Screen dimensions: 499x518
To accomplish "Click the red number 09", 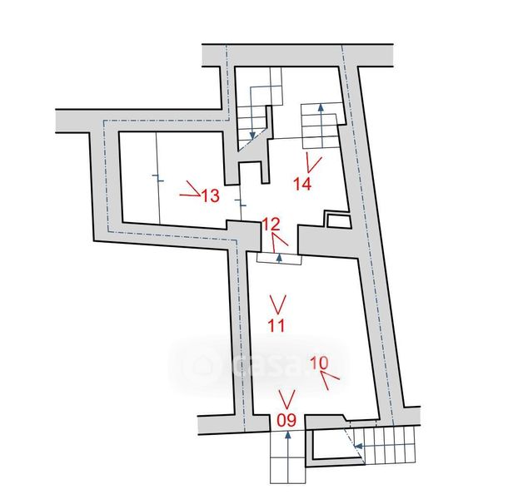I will click(286, 420).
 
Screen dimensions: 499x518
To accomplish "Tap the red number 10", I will click(318, 363).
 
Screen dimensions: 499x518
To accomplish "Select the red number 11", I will click(277, 325).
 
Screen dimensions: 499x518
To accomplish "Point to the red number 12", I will click(271, 223).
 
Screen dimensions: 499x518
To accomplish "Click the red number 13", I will click(210, 196).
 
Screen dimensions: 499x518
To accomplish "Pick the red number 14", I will click(302, 184).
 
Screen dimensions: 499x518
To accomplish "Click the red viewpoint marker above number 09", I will click(287, 397).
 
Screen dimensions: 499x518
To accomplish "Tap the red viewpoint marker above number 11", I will click(278, 301).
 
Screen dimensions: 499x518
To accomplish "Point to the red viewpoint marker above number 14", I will click(313, 161).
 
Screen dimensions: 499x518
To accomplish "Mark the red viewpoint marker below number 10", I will click(331, 380).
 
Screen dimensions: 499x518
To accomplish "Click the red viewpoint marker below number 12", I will click(277, 239).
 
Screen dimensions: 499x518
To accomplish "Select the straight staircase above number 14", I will click(321, 126).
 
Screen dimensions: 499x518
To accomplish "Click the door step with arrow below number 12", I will click(278, 258).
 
